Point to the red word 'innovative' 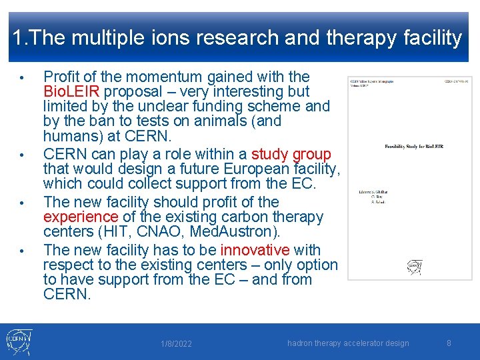255,250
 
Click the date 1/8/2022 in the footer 177,344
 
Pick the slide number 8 449,343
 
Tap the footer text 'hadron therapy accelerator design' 348,343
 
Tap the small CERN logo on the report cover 415,267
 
